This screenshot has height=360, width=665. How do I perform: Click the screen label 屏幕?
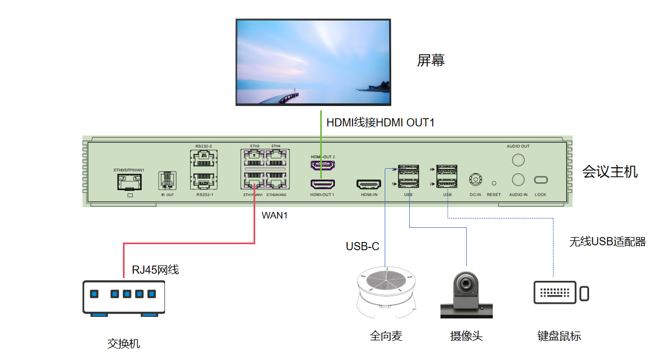[x=431, y=60]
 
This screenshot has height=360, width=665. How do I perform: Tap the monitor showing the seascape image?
[x=313, y=62]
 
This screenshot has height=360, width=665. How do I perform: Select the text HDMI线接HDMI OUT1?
[x=380, y=122]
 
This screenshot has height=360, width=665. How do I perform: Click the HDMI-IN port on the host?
[x=368, y=185]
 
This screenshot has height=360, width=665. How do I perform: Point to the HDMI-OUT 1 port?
[x=322, y=184]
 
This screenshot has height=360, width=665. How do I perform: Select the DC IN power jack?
[x=475, y=180]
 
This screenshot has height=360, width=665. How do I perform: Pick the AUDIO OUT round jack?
[x=517, y=160]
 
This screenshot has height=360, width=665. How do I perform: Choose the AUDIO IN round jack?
[x=517, y=180]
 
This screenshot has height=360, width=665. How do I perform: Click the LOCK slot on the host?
[x=540, y=180]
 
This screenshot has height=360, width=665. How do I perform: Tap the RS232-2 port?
[x=203, y=158]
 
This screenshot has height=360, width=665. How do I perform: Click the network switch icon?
[x=123, y=298]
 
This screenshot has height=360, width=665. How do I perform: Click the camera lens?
[x=466, y=284]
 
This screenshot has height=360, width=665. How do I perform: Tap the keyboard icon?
[x=554, y=293]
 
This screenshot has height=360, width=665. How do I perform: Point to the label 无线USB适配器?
[x=607, y=241]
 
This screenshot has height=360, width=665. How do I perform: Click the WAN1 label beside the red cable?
[x=274, y=215]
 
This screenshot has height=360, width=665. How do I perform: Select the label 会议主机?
[x=610, y=172]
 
